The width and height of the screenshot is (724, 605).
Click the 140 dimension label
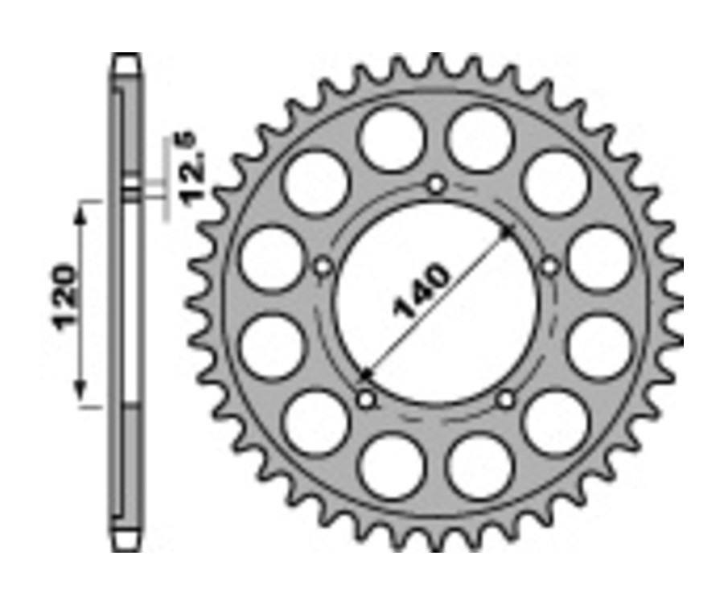pos(421,292)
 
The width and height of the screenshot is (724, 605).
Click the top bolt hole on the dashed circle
pos(436,185)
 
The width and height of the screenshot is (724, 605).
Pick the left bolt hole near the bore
pos(323,266)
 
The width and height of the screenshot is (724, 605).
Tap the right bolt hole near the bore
pos(550,266)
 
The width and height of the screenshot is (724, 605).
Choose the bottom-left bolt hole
pos(367,398)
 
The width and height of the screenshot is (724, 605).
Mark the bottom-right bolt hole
pos(506,398)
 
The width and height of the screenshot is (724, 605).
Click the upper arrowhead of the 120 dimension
pos(80,211)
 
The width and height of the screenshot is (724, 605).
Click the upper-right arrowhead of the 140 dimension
pos(508,232)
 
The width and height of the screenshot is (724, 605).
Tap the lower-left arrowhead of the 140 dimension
pos(366,375)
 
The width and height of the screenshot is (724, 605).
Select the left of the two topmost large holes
pos(391,138)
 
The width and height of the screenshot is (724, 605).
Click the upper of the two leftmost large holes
pos(271,257)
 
